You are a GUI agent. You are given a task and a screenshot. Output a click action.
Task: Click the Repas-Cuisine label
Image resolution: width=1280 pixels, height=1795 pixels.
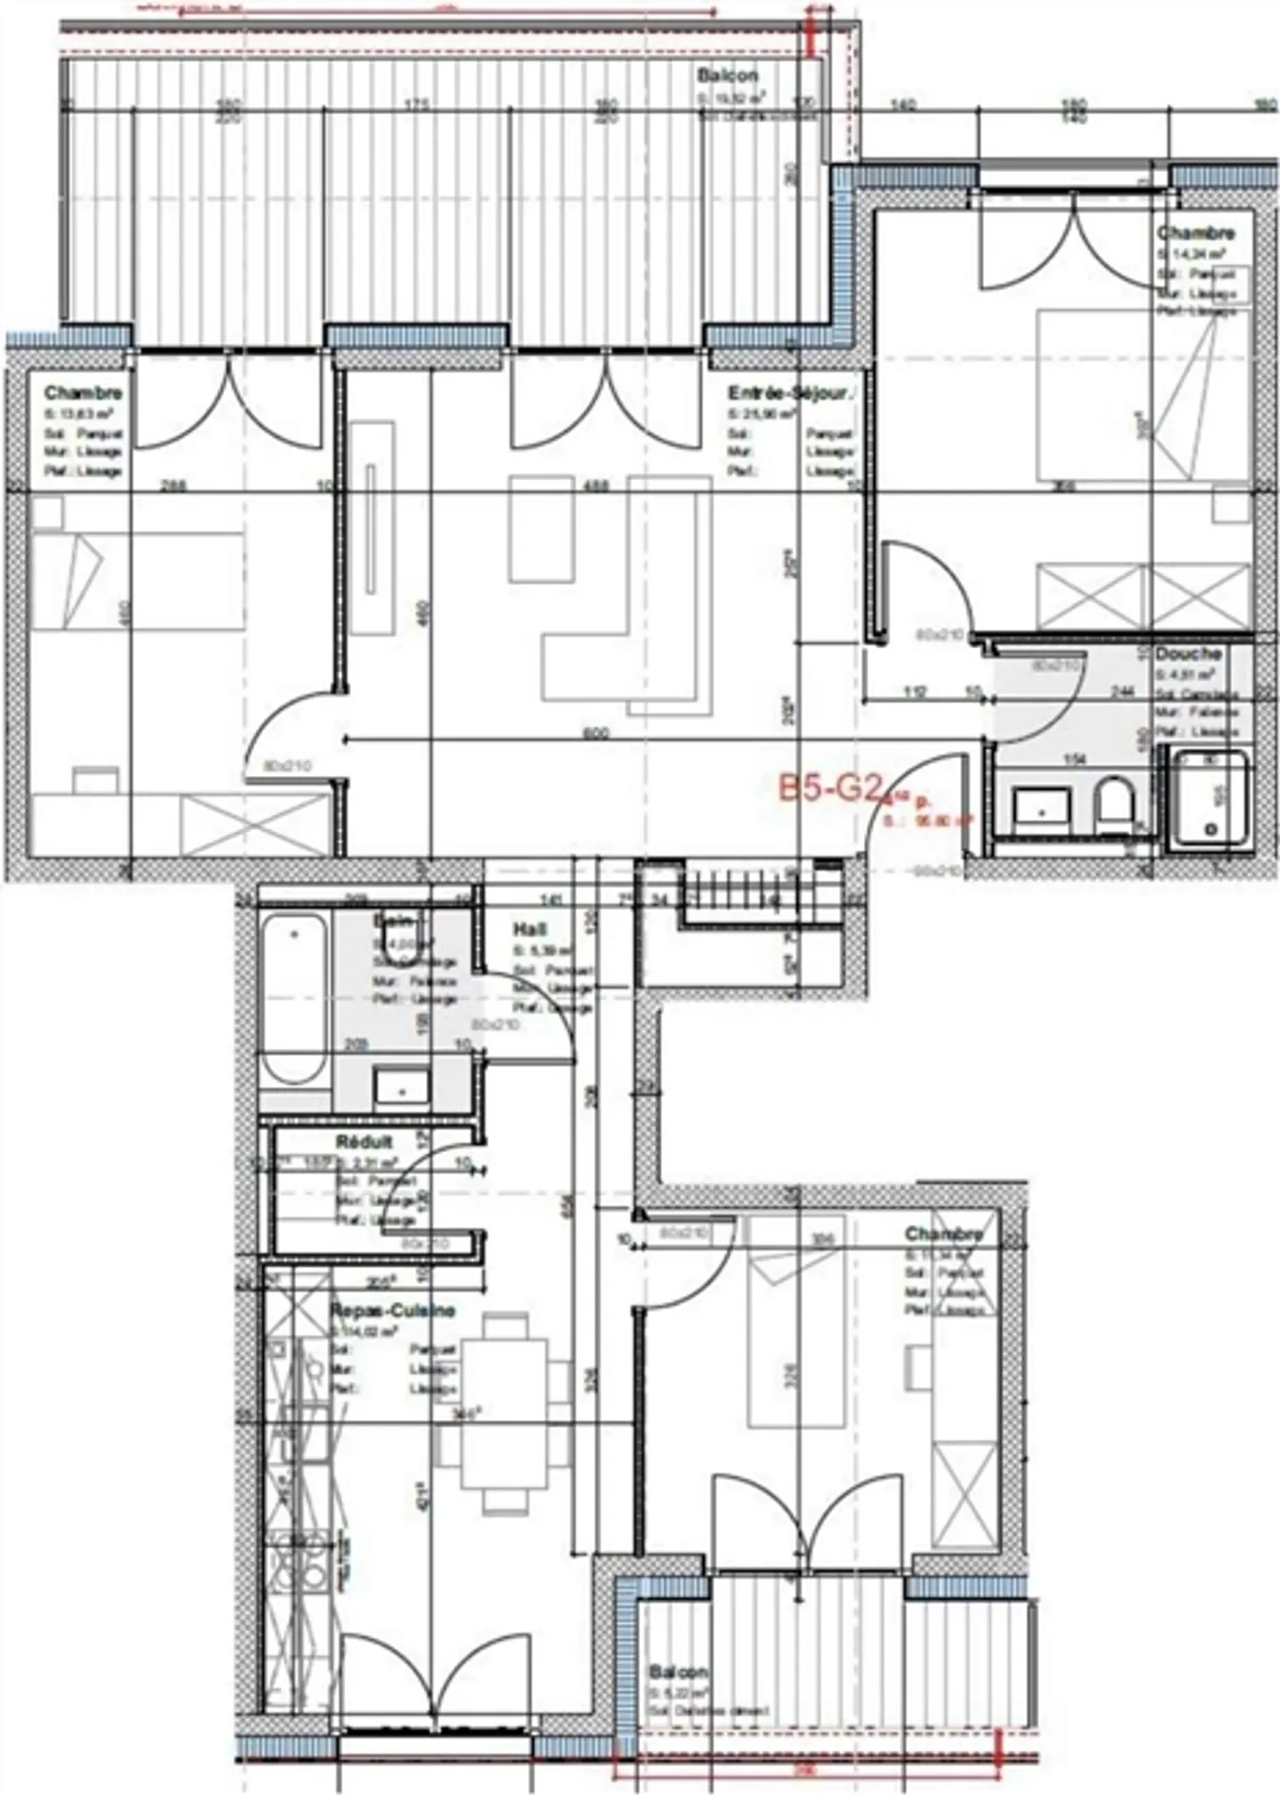(x=392, y=1310)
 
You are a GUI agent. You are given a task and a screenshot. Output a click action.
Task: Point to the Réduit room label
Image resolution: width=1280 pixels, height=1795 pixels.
(x=364, y=1142)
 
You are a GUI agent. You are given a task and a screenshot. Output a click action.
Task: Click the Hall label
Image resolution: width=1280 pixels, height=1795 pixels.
(x=530, y=929)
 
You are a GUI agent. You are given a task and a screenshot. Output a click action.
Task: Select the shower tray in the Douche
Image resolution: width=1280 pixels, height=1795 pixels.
(x=1210, y=797)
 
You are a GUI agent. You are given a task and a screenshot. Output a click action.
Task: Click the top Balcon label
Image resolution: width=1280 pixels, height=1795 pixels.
(x=727, y=76)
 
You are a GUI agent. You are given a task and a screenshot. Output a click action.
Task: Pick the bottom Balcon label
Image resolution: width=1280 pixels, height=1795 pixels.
(x=678, y=1672)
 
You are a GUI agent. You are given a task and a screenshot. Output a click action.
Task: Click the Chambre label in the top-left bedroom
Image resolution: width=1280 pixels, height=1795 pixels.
(x=84, y=393)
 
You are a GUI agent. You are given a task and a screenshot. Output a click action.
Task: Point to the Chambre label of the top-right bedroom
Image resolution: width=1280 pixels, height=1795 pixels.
(x=1196, y=233)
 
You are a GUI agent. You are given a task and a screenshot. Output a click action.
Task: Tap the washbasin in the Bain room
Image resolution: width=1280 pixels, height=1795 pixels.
(x=402, y=1087)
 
